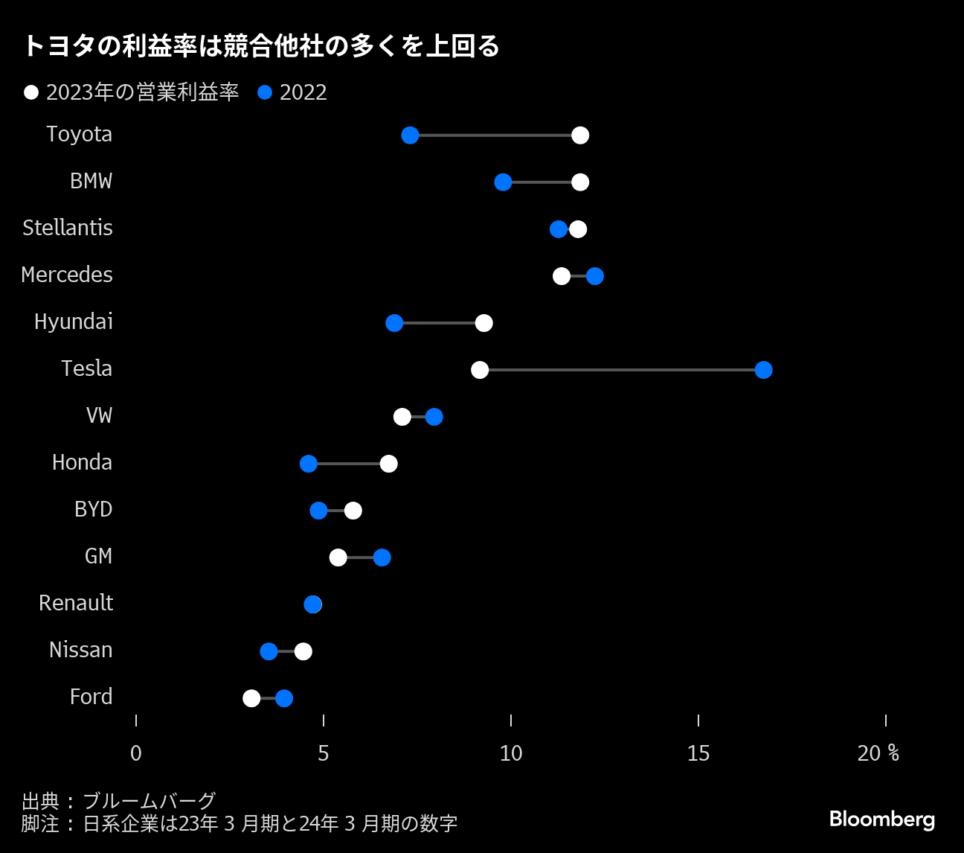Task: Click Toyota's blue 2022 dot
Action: (x=410, y=135)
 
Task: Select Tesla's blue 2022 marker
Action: (x=763, y=370)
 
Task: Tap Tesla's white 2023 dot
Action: (x=480, y=370)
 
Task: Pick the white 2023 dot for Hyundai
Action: (x=483, y=323)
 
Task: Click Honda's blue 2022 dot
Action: (x=308, y=464)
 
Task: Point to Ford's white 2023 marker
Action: (x=251, y=698)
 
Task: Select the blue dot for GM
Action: (x=382, y=558)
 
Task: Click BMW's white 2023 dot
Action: (x=580, y=182)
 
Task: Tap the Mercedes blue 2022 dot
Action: (x=595, y=276)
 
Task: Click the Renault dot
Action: (x=313, y=604)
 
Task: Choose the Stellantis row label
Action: (x=68, y=228)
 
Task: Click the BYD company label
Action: (x=94, y=509)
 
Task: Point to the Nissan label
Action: (x=81, y=650)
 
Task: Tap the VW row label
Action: (x=100, y=415)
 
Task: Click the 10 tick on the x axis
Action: (x=511, y=753)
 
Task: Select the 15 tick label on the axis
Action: (x=698, y=753)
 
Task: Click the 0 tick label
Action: (x=136, y=753)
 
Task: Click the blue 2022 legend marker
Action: (x=265, y=92)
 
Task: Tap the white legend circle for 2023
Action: (x=31, y=92)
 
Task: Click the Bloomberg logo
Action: (x=881, y=820)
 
